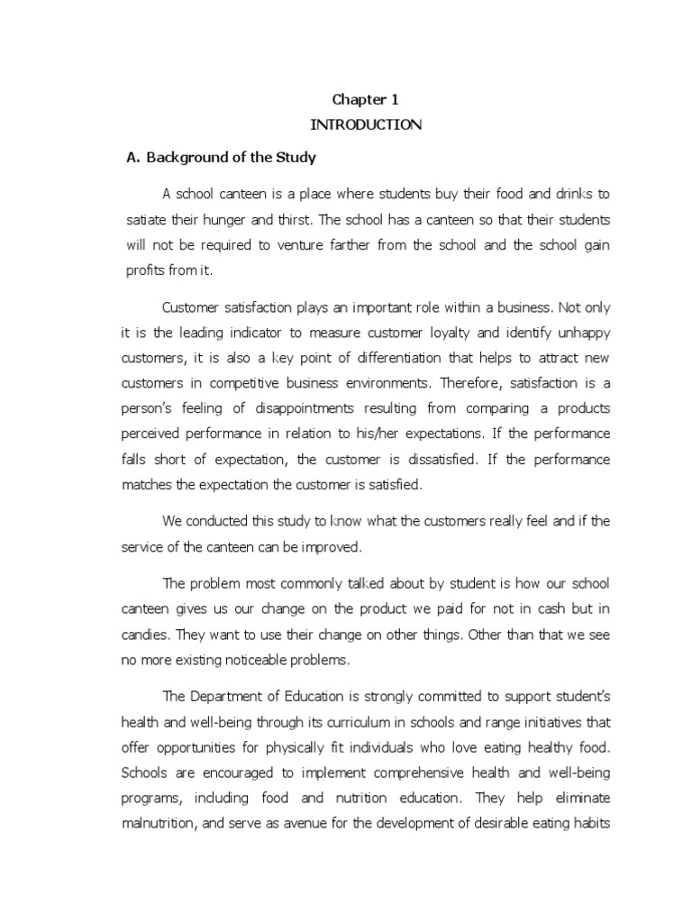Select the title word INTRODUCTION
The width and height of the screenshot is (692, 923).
coord(365,125)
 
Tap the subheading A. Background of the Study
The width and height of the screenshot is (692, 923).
coord(221,158)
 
